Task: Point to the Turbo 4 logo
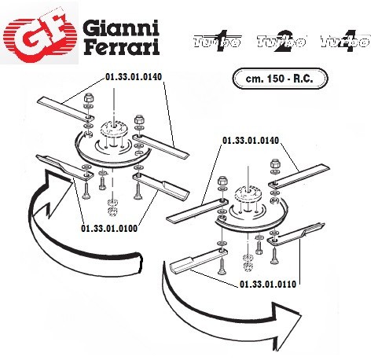pyautogui.click(x=345, y=41)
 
